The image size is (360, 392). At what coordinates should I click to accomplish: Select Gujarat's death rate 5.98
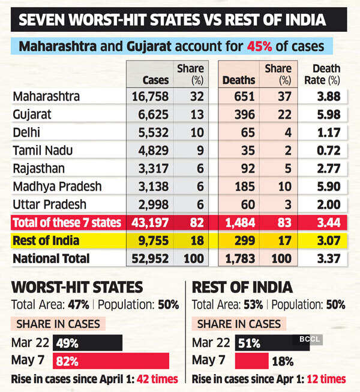326,114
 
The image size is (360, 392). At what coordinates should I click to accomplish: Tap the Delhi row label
28,132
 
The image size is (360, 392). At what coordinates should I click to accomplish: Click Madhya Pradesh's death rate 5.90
326,186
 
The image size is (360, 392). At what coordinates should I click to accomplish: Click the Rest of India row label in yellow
49,241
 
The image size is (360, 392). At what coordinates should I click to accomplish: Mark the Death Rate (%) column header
326,74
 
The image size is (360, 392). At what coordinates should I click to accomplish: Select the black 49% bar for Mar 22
88,343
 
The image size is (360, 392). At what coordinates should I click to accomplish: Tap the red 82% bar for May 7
112,361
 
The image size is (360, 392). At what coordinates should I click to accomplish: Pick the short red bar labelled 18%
251,361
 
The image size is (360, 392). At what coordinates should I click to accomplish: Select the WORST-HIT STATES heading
77,287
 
